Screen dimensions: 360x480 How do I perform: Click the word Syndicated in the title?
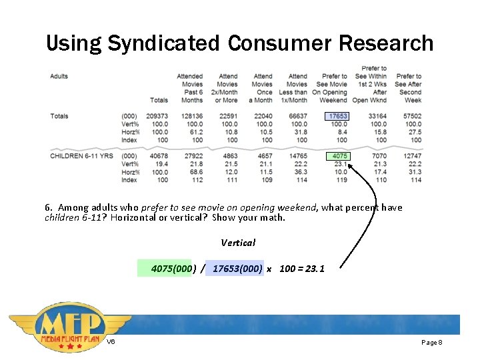163,43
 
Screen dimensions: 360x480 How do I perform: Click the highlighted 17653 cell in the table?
338,116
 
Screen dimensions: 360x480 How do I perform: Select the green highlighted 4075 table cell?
338,156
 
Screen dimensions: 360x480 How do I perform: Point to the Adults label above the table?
59,76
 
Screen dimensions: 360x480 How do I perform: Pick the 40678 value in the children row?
159,156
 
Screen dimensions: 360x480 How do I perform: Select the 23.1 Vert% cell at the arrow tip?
340,164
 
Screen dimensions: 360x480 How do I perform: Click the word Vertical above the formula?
238,243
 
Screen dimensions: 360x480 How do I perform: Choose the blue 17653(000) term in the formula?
237,269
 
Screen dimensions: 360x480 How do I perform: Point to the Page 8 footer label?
432,342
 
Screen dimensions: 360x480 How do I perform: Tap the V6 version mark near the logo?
111,342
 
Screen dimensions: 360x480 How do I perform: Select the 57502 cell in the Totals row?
412,116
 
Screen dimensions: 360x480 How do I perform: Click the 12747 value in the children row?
412,156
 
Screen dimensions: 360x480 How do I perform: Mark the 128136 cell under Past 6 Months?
191,116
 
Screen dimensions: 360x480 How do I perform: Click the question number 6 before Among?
47,207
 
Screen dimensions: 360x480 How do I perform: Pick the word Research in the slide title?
386,43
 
